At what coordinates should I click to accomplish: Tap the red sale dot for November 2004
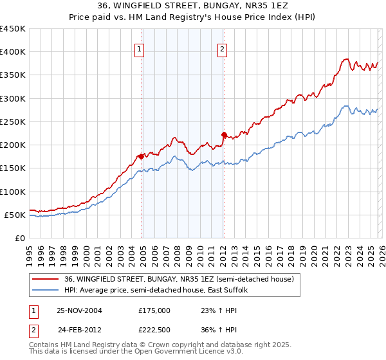click(x=142, y=156)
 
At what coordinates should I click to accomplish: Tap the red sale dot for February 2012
click(x=224, y=134)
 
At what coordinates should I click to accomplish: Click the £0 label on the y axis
click(x=19, y=238)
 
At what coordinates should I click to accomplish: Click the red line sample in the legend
click(x=46, y=279)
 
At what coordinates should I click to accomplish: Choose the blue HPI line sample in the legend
click(x=46, y=291)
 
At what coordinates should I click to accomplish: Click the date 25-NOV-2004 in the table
click(x=79, y=310)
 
